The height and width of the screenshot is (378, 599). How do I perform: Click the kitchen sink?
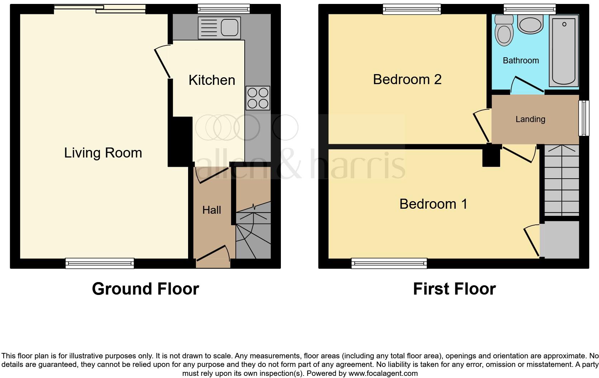pos(219,28)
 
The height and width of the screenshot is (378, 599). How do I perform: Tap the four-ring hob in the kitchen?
pos(258,98)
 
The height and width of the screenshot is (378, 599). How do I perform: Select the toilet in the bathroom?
pos(504,31)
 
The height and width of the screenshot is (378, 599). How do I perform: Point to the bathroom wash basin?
pos(530,24)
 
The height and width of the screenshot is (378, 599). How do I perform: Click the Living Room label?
pos(103,153)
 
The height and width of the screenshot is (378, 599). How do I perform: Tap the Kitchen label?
pos(212,80)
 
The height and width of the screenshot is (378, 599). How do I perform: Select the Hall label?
pos(211,210)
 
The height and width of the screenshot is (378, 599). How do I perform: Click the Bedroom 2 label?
pos(407,79)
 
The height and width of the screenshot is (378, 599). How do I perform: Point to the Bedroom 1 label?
pos(433,204)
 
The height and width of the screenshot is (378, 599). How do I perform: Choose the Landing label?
pos(530,119)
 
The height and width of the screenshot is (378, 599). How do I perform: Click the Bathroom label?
pos(521,60)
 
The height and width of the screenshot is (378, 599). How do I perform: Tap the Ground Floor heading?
pos(145,289)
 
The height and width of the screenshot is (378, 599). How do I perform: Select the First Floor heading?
pos(454,289)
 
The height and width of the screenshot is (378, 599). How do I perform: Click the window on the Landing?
pos(584,118)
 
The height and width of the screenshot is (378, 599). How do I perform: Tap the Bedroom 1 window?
pos(389,263)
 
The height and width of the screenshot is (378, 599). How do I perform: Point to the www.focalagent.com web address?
pos(383,373)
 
